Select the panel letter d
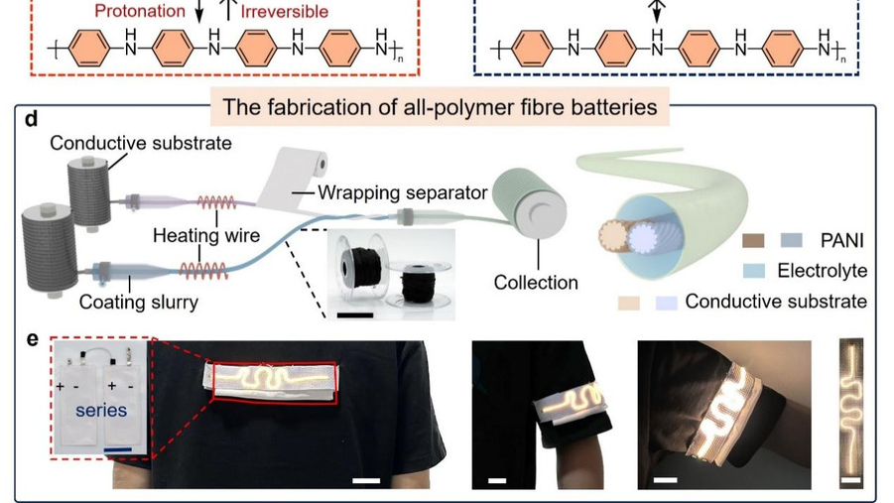point(32,120)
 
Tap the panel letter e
point(32,340)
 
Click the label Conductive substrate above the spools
point(141,144)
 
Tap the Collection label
point(536,283)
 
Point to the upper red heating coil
point(221,203)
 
